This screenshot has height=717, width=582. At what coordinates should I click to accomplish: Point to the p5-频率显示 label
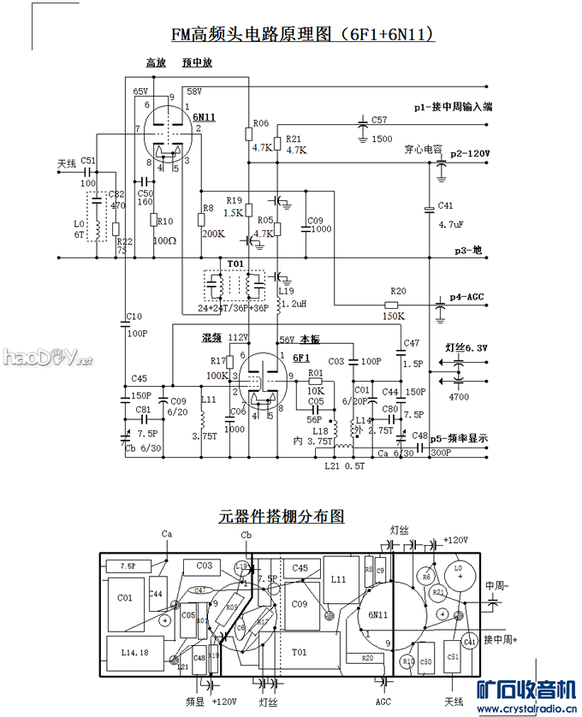coord(459,438)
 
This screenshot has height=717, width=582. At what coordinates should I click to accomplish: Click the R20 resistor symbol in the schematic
coord(392,305)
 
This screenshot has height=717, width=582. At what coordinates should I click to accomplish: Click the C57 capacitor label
coord(379,120)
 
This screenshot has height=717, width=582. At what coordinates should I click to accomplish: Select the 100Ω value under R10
coord(163,241)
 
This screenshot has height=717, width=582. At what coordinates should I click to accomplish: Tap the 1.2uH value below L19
coord(292,304)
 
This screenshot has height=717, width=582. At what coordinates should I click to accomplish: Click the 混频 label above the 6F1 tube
coord(211,338)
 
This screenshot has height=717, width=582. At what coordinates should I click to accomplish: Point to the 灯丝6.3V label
coord(466,348)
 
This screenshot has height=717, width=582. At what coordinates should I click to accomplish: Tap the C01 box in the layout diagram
coord(124,598)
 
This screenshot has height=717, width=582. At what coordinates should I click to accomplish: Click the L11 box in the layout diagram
coord(338,580)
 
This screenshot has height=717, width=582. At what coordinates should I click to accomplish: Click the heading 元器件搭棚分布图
coord(282,517)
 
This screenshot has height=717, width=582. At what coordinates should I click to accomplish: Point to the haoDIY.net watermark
coord(47,358)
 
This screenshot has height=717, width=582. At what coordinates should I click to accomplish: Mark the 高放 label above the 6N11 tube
coord(154,63)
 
